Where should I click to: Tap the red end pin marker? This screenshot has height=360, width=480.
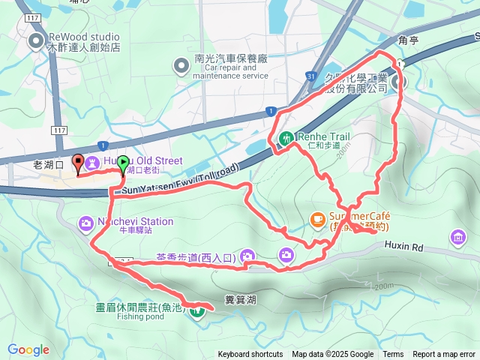[77, 161]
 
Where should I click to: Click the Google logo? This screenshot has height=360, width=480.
[28, 349]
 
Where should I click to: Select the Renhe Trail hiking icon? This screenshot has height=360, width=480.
[286, 138]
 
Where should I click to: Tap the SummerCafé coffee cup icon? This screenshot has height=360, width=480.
[317, 219]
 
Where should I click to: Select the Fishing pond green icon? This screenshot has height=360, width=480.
[197, 308]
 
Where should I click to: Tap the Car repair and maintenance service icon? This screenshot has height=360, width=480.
[181, 67]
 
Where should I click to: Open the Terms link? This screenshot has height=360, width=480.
[393, 355]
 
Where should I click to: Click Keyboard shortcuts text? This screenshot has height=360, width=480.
[250, 355]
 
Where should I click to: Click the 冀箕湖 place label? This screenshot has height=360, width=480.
[240, 300]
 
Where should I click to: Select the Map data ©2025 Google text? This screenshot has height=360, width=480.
[333, 355]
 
